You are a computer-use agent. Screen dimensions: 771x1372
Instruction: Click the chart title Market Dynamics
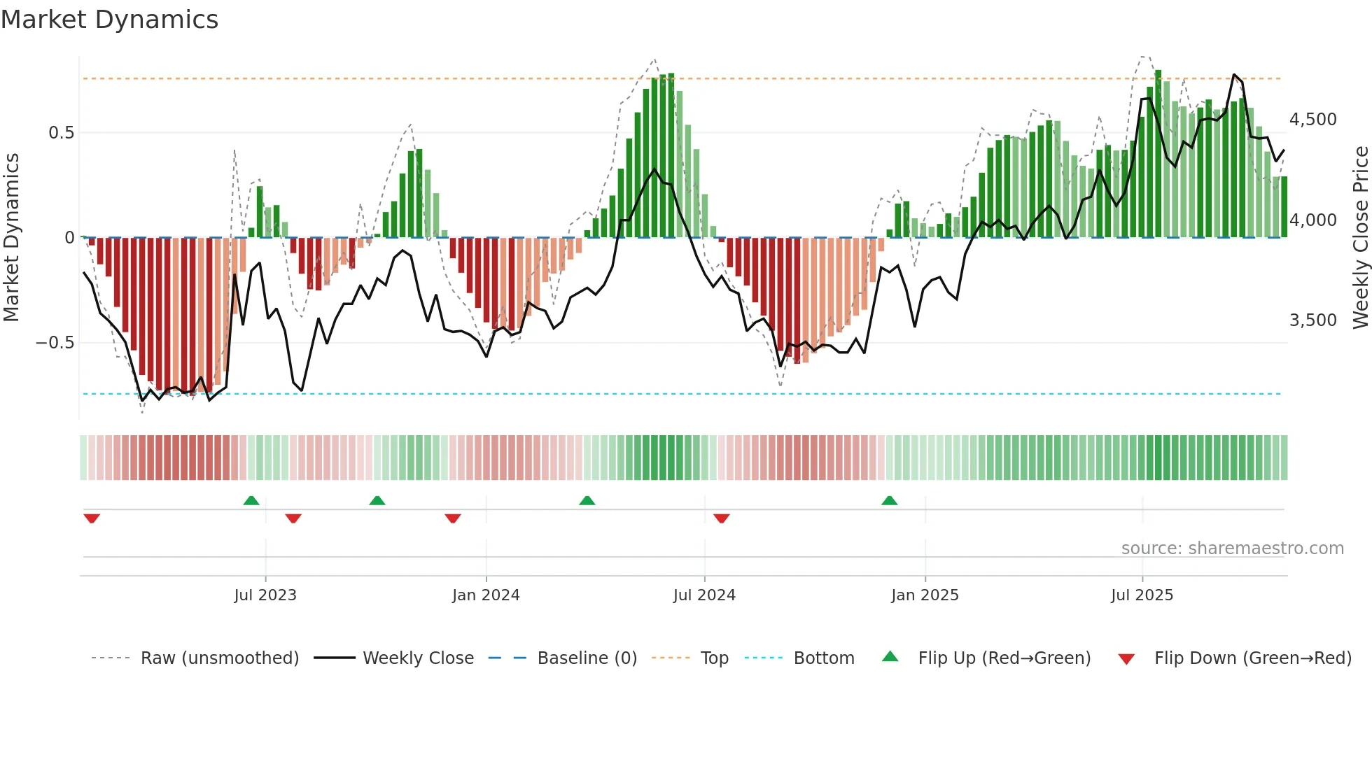(x=109, y=20)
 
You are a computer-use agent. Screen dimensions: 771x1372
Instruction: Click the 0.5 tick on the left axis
(x=61, y=133)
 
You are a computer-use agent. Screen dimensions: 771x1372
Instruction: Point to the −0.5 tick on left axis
(x=55, y=343)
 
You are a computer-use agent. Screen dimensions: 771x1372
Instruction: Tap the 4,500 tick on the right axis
(x=1312, y=120)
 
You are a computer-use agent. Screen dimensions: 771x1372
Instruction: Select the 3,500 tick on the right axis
(x=1312, y=320)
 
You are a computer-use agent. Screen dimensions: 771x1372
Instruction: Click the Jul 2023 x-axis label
(x=265, y=595)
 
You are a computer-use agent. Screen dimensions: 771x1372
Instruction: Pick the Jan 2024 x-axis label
(x=486, y=595)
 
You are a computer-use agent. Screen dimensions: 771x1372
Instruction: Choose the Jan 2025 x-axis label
(x=925, y=595)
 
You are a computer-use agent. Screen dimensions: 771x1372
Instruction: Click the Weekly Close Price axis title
(x=1360, y=238)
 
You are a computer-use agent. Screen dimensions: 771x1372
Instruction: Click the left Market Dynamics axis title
(x=11, y=238)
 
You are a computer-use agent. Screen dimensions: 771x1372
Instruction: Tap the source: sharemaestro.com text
(x=1232, y=549)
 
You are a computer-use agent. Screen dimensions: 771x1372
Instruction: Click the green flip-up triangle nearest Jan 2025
(x=889, y=500)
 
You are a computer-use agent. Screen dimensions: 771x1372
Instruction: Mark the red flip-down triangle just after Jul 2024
(x=722, y=518)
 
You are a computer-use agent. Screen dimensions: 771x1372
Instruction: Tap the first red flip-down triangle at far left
(x=92, y=518)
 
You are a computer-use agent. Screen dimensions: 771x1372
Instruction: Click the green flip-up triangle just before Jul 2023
(x=251, y=500)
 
